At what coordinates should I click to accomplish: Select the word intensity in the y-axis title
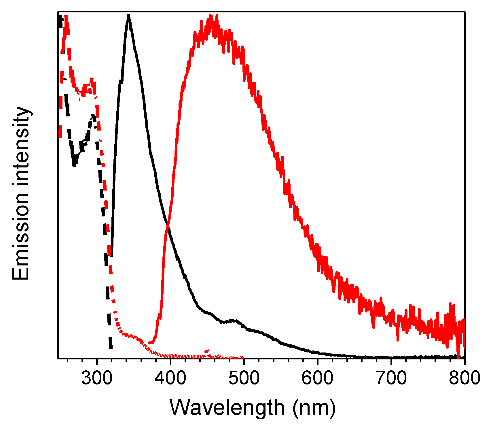pyautogui.click(x=21, y=147)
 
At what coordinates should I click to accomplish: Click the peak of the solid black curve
pyautogui.click(x=128, y=16)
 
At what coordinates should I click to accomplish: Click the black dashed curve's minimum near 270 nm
pyautogui.click(x=74, y=164)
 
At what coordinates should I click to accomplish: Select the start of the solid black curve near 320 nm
pyautogui.click(x=112, y=255)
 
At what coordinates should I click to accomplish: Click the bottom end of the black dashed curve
pyautogui.click(x=111, y=348)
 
